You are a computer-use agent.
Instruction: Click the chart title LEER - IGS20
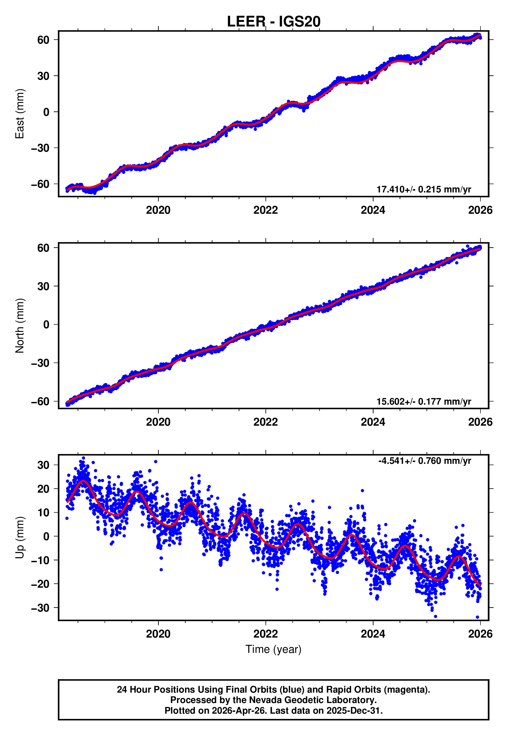(273, 22)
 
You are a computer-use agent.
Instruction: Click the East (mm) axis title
(20, 114)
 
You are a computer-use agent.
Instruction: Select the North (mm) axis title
(20, 326)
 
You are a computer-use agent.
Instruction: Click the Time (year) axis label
(273, 650)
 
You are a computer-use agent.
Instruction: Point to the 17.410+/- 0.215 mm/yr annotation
(424, 189)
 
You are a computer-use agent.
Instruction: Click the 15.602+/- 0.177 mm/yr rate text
(424, 402)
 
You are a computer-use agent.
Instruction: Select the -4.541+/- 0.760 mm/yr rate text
(424, 461)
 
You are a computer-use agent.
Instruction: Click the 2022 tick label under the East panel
(265, 210)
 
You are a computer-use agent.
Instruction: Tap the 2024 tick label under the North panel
(373, 422)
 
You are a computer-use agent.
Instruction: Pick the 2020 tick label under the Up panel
(158, 634)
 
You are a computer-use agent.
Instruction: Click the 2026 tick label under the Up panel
(480, 634)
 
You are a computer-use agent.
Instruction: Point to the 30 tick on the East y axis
(43, 76)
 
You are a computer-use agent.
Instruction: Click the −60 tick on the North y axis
(40, 402)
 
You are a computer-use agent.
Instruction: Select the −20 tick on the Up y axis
(40, 584)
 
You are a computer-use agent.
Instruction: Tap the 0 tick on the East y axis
(46, 112)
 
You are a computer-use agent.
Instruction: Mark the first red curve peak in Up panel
(84, 481)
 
